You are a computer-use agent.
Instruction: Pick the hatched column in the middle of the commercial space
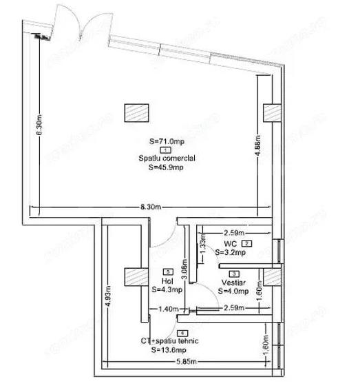(x=135, y=112)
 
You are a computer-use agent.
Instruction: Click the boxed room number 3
(x=234, y=274)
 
